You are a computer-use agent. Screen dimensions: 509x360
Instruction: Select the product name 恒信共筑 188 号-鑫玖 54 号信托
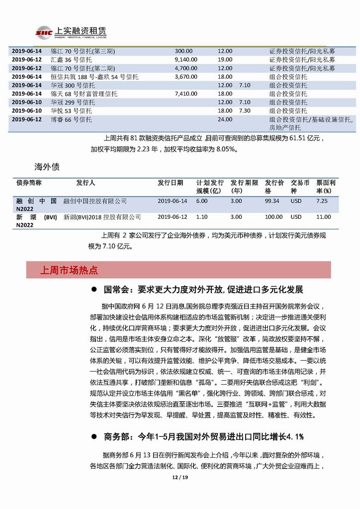pos(94,77)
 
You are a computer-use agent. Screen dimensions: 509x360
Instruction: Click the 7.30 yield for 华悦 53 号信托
pos(244,110)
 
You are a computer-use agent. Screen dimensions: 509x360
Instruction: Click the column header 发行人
pos(86,183)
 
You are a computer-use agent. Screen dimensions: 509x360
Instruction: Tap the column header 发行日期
pos(170,183)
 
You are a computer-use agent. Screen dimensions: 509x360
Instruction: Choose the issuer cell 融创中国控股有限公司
pos(95,201)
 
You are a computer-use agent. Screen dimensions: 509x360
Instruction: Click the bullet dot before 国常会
pos(93,290)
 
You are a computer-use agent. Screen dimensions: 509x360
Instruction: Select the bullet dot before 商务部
pos(93,436)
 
